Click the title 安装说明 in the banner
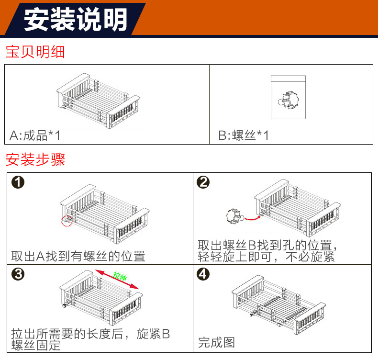[x=76, y=19]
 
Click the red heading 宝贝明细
[x=35, y=52]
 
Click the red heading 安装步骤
[x=35, y=159]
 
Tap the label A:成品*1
[x=35, y=135]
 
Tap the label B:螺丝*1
[x=244, y=135]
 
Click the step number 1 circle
[x=18, y=183]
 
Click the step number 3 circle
[x=18, y=274]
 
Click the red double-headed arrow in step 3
[x=117, y=279]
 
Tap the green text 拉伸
[x=120, y=277]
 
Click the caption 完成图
[x=217, y=342]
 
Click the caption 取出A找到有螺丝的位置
[x=78, y=256]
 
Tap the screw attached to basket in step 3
[x=63, y=305]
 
